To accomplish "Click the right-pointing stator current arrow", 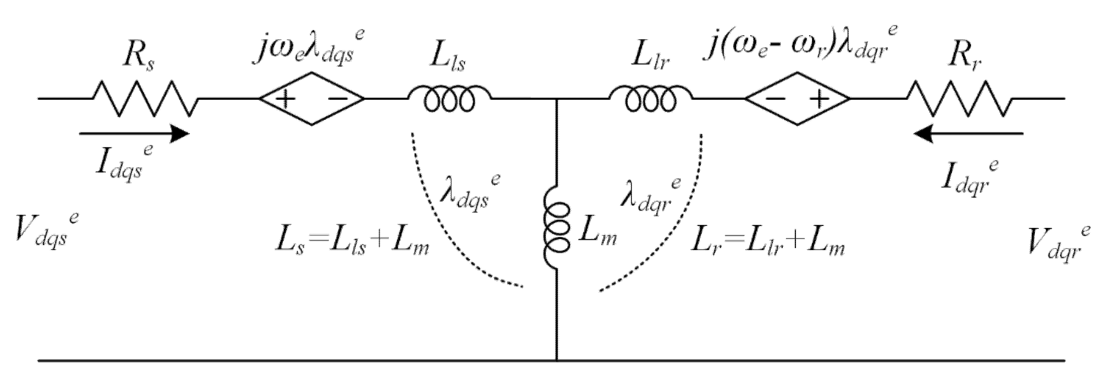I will point(134,134).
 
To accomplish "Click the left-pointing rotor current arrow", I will point(969,134).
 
